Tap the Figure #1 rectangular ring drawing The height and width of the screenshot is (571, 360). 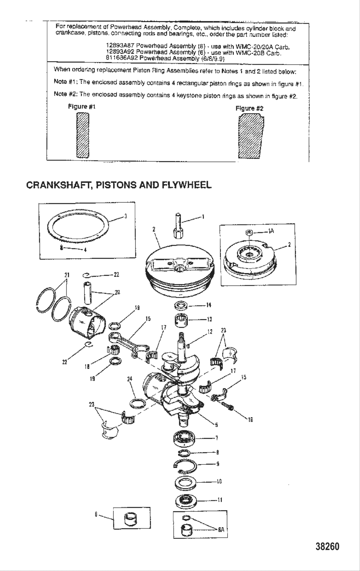coord(82,136)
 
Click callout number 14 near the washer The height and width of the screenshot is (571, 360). coord(209,305)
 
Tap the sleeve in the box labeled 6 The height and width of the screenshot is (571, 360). coord(130,518)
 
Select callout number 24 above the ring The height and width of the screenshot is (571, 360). coord(130,379)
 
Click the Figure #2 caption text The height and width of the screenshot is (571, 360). coord(249,108)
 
